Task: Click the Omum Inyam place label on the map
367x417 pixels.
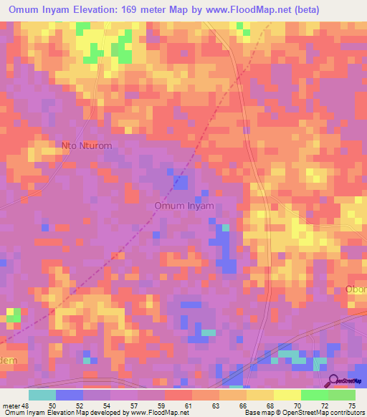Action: coord(184,206)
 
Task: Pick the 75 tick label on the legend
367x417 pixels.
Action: coord(351,406)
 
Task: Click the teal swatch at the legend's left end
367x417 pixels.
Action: coord(42,395)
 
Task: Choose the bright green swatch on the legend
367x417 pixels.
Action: coord(314,395)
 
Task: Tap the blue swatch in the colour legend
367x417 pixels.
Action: coord(70,395)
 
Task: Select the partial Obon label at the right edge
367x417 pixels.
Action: coord(356,289)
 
